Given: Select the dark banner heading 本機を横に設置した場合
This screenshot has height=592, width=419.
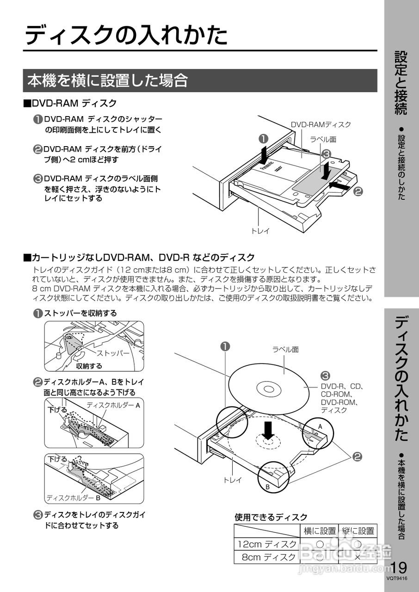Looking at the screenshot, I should [107, 80].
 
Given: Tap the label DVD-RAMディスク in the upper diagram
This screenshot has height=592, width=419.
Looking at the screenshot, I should [320, 124].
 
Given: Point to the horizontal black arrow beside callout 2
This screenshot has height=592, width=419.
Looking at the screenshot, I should [340, 185].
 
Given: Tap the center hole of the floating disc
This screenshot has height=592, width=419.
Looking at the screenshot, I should [268, 388].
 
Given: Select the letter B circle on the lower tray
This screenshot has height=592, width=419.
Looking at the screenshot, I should [267, 487].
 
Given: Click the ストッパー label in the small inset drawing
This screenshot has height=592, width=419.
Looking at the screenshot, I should [113, 353].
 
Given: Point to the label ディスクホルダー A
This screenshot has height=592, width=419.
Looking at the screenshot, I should [113, 405].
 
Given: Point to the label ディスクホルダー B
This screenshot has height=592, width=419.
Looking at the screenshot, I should [73, 498].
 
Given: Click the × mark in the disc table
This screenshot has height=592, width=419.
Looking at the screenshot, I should [357, 557].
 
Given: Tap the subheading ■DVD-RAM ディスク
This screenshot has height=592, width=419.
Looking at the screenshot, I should [70, 103].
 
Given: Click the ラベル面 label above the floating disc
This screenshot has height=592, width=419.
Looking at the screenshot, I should [285, 350].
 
